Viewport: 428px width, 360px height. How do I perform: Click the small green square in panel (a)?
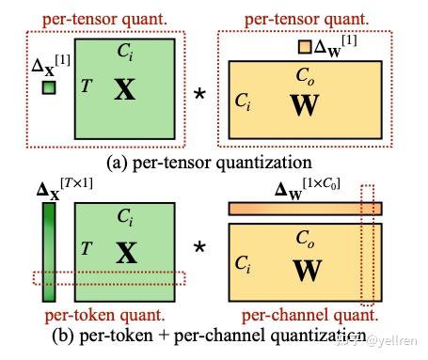pyautogui.click(x=49, y=88)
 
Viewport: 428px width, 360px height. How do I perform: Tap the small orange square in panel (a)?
pyautogui.click(x=305, y=46)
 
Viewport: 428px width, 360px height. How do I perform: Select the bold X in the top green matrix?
pyautogui.click(x=124, y=90)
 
